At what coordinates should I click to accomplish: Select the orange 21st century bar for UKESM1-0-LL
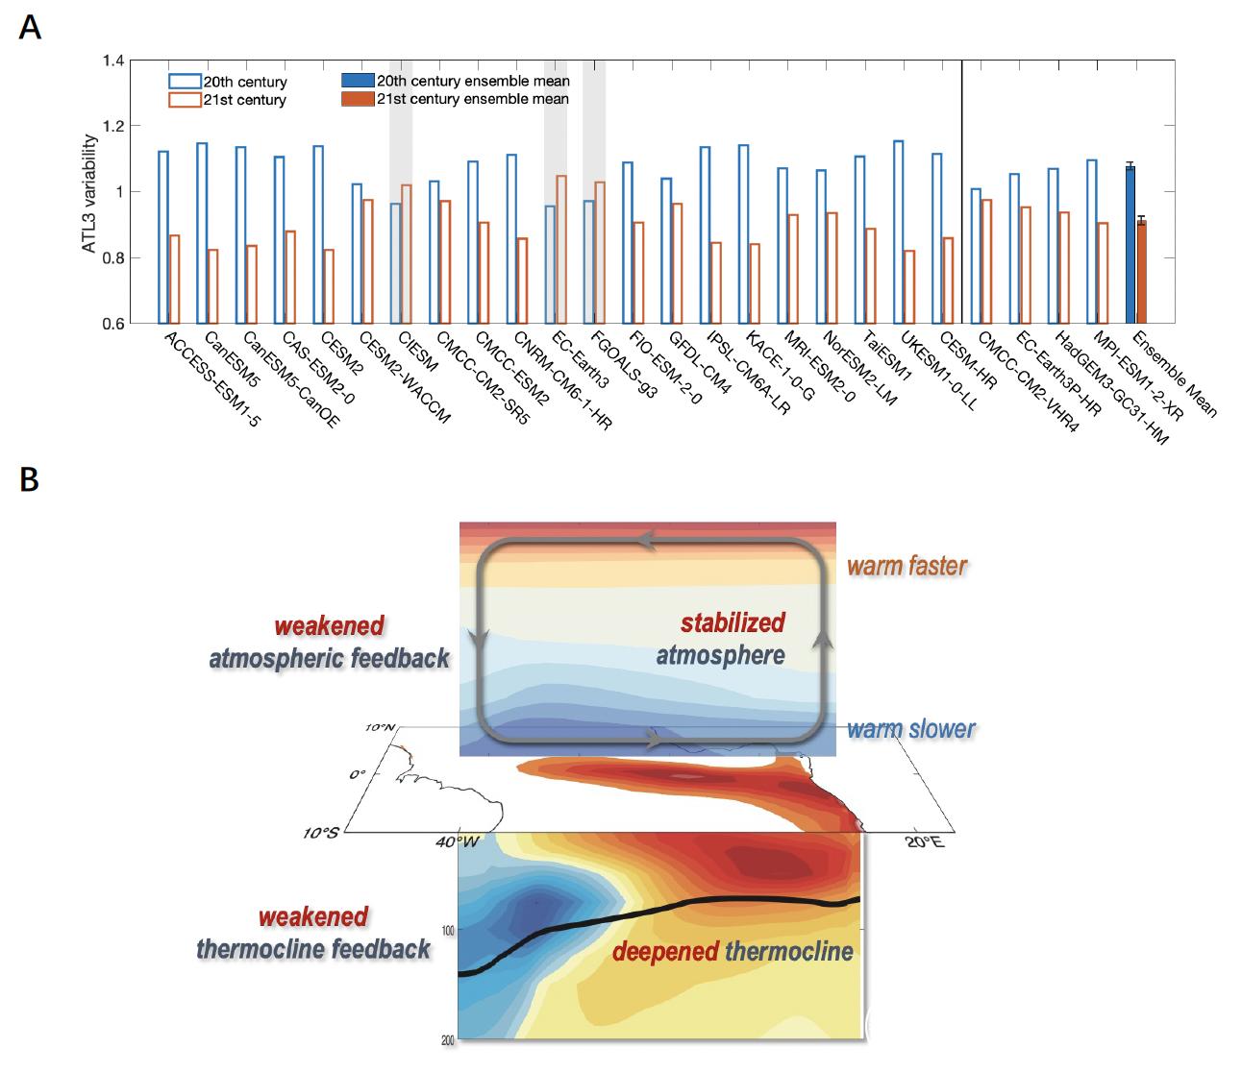click(x=909, y=287)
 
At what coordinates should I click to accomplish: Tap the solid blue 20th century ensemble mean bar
click(x=1130, y=245)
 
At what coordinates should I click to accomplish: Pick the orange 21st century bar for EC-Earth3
click(x=561, y=250)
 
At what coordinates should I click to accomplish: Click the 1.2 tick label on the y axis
click(x=112, y=127)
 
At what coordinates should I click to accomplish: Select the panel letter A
click(x=30, y=28)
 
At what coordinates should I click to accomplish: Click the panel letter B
click(x=29, y=479)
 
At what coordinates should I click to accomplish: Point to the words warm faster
click(x=907, y=565)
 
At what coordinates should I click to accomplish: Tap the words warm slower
click(x=910, y=728)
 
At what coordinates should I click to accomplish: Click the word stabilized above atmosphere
click(x=733, y=622)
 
